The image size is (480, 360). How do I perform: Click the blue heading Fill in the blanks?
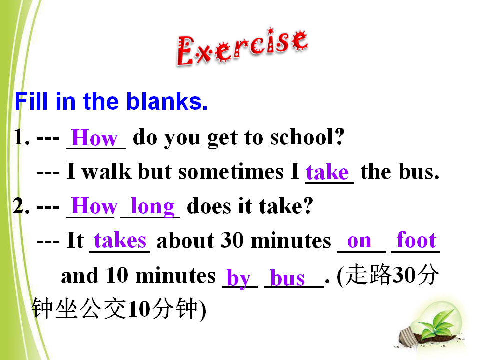pyautogui.click(x=111, y=101)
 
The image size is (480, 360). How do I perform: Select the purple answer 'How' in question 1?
pyautogui.click(x=95, y=138)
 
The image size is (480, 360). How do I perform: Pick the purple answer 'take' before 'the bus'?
pyautogui.click(x=327, y=172)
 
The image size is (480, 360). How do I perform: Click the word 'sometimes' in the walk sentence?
pyautogui.click(x=231, y=171)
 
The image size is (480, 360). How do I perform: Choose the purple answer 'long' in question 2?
pyautogui.click(x=153, y=207)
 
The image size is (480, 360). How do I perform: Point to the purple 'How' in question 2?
pyautogui.click(x=95, y=206)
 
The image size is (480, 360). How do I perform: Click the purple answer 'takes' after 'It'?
pyautogui.click(x=120, y=240)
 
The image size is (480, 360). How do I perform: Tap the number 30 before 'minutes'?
pyautogui.click(x=232, y=240)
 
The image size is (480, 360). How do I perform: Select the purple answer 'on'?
pyautogui.click(x=359, y=242)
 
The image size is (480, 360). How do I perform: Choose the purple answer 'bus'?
pyautogui.click(x=288, y=278)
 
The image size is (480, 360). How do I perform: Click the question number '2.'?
pyautogui.click(x=21, y=206)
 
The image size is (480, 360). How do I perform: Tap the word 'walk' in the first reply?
pyautogui.click(x=107, y=171)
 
